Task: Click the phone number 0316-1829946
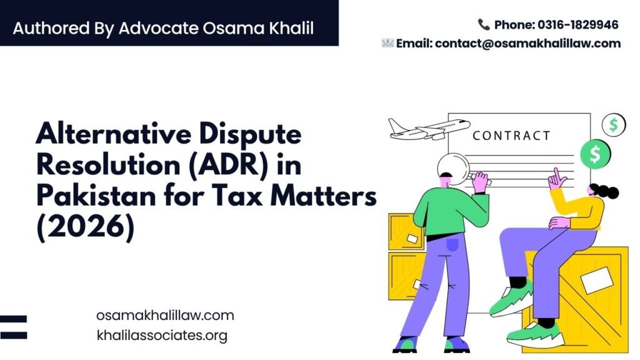577,25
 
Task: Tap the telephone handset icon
484,24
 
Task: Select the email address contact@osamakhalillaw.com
527,43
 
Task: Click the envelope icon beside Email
387,43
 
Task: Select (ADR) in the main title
228,165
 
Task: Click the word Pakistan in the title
96,196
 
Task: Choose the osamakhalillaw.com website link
165,316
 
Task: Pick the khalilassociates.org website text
162,336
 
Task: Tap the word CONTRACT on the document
511,136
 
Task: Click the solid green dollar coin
595,154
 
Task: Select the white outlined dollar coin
614,125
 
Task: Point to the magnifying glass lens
453,168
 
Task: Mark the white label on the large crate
597,281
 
